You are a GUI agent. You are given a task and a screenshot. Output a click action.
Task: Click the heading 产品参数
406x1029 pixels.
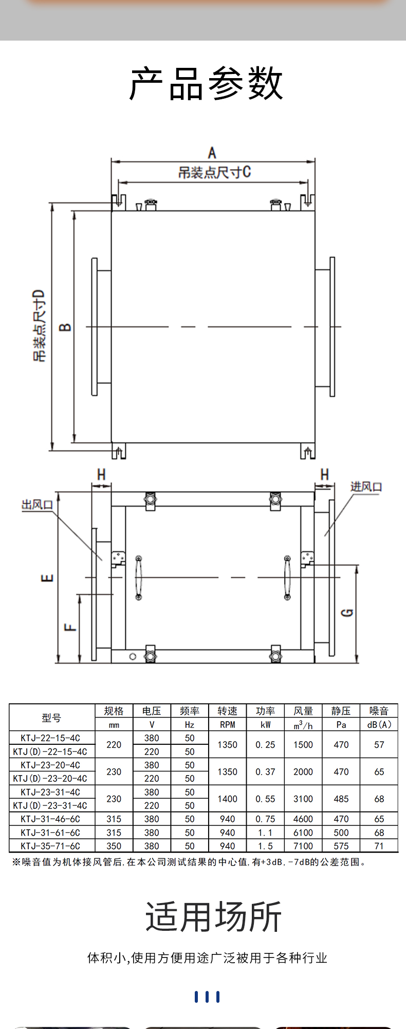pos(206,83)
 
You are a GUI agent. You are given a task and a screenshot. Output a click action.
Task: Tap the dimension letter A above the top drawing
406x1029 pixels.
pos(212,153)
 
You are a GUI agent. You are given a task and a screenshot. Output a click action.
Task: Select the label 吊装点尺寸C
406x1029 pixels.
pos(214,172)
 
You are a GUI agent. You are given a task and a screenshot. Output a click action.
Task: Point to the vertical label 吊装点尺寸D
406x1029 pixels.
pos(40,326)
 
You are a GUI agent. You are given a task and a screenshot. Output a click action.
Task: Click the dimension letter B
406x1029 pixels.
pos(65,327)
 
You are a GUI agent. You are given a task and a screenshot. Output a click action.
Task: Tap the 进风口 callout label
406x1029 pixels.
pos(366,486)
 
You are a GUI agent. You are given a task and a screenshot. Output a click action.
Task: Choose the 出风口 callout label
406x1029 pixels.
pos(38,505)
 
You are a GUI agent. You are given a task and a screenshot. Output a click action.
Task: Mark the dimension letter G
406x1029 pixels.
pos(348,612)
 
